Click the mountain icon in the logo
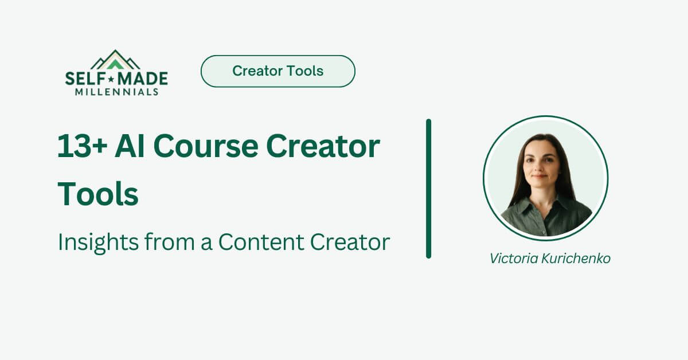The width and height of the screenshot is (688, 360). (x=116, y=60)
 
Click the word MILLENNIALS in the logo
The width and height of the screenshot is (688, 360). (x=116, y=91)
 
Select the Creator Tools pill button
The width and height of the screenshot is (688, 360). (x=277, y=71)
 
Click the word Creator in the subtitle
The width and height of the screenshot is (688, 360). (x=350, y=242)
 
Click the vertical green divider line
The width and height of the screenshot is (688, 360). (x=428, y=189)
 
